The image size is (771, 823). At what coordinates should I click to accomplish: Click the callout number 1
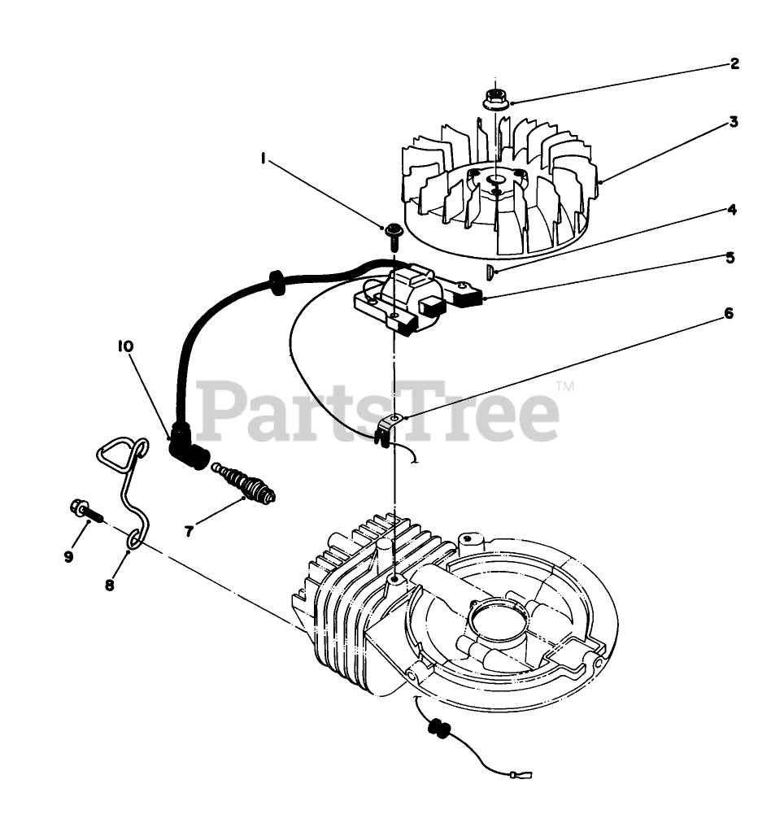[264, 160]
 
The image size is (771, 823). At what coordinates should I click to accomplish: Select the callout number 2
[734, 63]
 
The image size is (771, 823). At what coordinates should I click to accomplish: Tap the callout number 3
[733, 123]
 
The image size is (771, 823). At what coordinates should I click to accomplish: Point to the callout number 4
[732, 210]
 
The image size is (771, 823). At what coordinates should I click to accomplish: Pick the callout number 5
[730, 258]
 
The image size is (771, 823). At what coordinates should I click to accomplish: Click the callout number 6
[729, 313]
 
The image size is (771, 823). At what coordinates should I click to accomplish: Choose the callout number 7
[189, 531]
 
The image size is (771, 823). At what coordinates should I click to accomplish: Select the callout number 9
[68, 556]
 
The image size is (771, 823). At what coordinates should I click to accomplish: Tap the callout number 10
[125, 347]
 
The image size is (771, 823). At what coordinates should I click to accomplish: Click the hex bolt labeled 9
[85, 512]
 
